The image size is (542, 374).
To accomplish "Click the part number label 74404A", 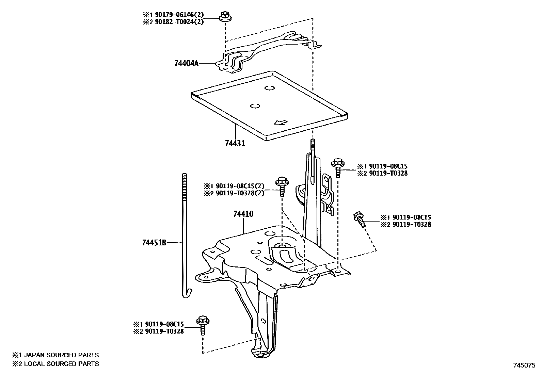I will point(186,63).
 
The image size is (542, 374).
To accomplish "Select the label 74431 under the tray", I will point(235,144).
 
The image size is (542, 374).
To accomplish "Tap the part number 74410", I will point(243,214).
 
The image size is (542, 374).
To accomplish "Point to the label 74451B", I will point(154,243).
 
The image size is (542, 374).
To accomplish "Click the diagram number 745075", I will point(525,365).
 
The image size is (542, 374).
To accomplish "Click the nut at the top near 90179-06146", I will point(224,17).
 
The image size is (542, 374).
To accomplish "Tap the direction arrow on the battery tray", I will point(281,122).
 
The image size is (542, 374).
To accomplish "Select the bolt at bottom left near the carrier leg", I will point(203,325).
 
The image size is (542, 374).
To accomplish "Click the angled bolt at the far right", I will point(360,219).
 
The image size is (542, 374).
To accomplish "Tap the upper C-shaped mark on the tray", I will point(270,88).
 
